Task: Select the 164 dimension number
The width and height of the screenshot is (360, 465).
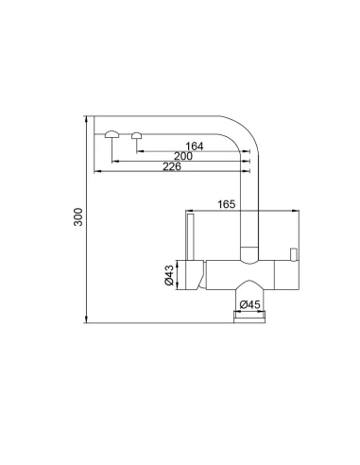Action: [195, 146]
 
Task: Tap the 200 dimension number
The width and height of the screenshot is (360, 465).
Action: [183, 156]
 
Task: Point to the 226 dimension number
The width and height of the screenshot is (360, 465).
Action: [172, 167]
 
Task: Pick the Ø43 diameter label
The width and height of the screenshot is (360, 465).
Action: [166, 275]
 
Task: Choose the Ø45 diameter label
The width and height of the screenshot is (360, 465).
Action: [249, 303]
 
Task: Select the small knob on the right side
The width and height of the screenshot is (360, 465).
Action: [295, 252]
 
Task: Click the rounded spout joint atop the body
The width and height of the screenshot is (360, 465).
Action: [249, 253]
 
